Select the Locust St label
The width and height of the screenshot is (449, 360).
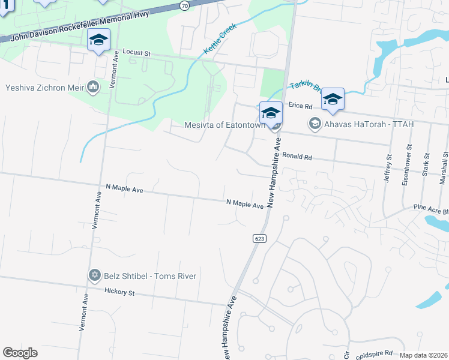136,53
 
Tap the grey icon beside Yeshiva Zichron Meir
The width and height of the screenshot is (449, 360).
92,88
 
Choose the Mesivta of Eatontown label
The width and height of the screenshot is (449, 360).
224,125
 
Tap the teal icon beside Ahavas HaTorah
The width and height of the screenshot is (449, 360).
314,124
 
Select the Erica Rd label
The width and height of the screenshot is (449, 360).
301,106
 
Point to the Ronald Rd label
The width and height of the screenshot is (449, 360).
298,158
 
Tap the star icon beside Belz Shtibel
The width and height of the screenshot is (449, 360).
94,275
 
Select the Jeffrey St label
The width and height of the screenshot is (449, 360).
389,165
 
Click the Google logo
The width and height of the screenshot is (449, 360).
20,353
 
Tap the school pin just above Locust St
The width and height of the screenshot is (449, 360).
98,41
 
